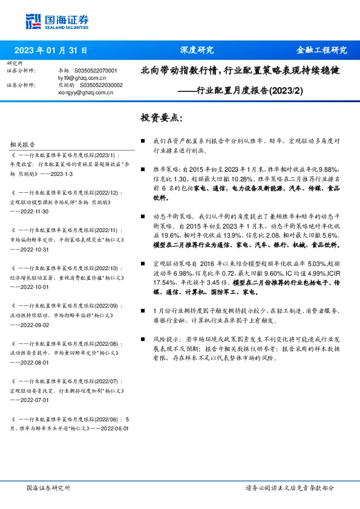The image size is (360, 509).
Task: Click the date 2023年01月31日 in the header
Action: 50,51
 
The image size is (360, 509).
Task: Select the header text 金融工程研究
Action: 321,51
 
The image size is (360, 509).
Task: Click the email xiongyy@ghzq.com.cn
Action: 82,92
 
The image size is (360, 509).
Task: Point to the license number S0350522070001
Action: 95,71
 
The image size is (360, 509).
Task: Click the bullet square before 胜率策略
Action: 143,170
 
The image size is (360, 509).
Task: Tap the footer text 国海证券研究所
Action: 48,487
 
